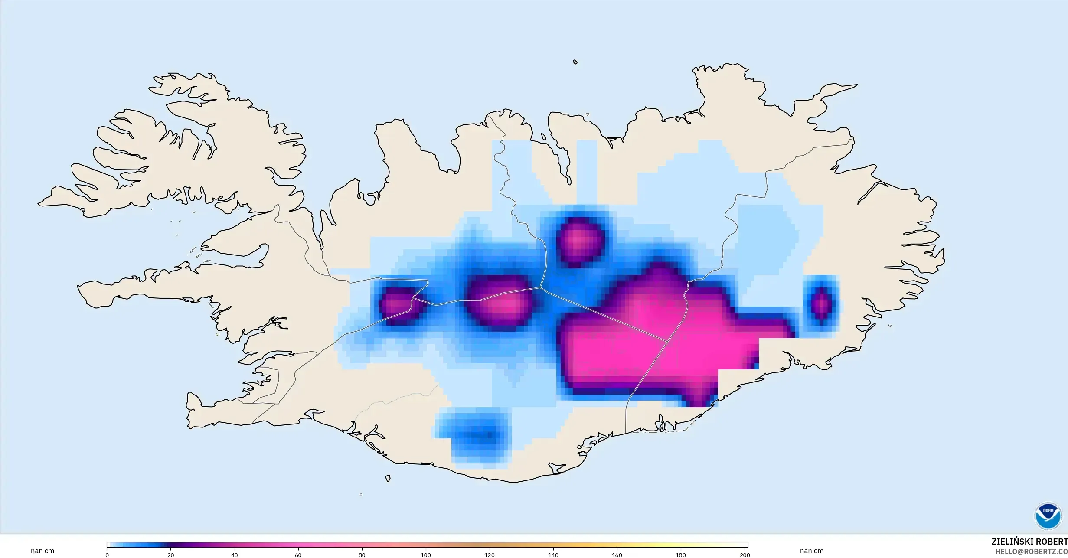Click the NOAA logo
pyautogui.click(x=1048, y=516)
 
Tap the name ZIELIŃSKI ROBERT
pyautogui.click(x=1029, y=542)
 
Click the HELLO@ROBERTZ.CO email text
pyautogui.click(x=1031, y=551)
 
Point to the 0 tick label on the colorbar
pyautogui.click(x=107, y=555)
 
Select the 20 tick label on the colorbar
pyautogui.click(x=171, y=555)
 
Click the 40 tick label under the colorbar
pyautogui.click(x=235, y=555)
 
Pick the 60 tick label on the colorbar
pyautogui.click(x=298, y=555)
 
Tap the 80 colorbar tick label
pyautogui.click(x=362, y=555)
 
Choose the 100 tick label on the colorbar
pyautogui.click(x=426, y=555)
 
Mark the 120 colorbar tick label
pyautogui.click(x=490, y=555)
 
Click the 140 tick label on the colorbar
pyautogui.click(x=553, y=555)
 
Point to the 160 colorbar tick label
pyautogui.click(x=617, y=555)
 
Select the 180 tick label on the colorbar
pyautogui.click(x=681, y=555)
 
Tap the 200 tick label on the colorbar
pyautogui.click(x=745, y=555)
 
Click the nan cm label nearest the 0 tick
pyautogui.click(x=42, y=551)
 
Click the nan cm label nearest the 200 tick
pyautogui.click(x=812, y=551)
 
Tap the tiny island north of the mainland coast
pyautogui.click(x=575, y=62)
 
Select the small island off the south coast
pyautogui.click(x=388, y=479)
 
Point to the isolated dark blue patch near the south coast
pyautogui.click(x=475, y=434)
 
